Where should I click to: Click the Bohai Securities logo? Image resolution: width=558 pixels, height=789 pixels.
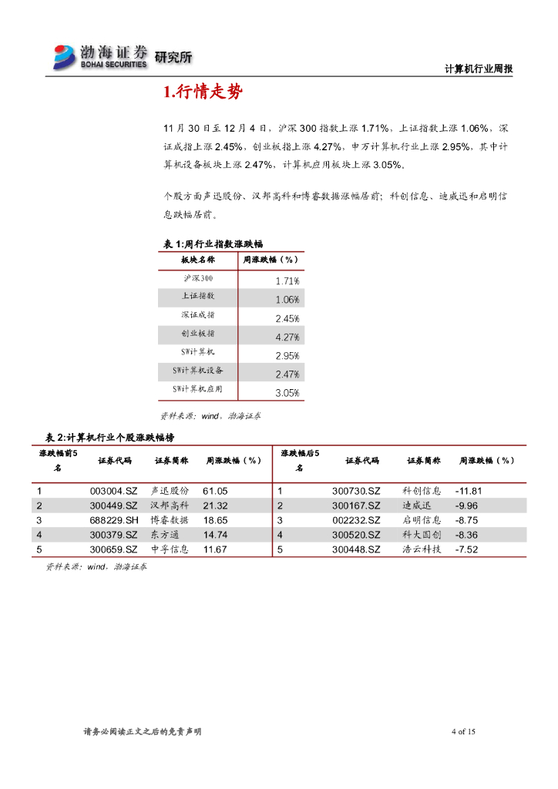pyautogui.click(x=99, y=57)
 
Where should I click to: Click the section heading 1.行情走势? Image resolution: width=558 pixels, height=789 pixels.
pyautogui.click(x=203, y=93)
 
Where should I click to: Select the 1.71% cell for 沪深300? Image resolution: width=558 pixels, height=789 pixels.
pyautogui.click(x=287, y=281)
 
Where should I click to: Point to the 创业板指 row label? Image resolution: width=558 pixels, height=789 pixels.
pyautogui.click(x=198, y=334)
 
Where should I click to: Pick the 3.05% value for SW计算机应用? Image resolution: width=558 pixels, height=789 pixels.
pyautogui.click(x=287, y=393)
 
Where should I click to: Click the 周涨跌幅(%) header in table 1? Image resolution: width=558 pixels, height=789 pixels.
pyautogui.click(x=271, y=260)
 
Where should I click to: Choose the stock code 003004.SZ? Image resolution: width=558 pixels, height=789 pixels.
pyautogui.click(x=113, y=491)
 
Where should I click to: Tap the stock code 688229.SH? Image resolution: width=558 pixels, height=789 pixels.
pyautogui.click(x=113, y=520)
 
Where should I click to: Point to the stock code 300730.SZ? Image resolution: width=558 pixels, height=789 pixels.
pyautogui.click(x=356, y=491)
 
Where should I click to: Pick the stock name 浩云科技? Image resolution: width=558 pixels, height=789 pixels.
pyautogui.click(x=422, y=549)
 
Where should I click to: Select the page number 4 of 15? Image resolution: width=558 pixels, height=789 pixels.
pyautogui.click(x=463, y=732)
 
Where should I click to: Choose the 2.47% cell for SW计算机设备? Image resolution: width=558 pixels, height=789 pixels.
pyautogui.click(x=287, y=374)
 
